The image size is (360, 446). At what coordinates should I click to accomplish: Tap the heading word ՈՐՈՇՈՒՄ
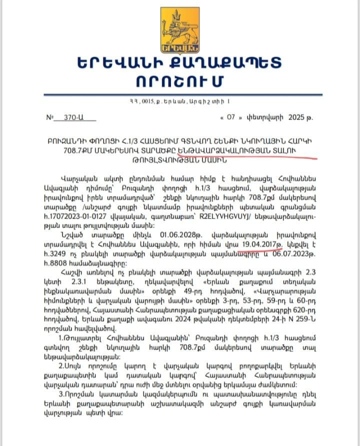180,80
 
